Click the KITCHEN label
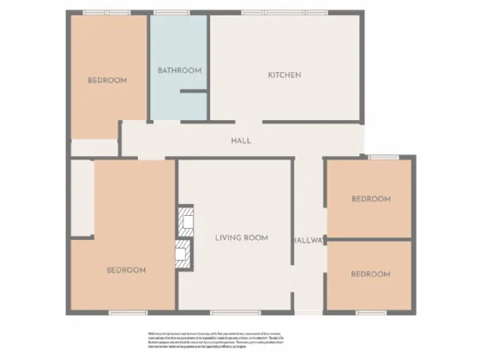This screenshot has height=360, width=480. pos(285,75)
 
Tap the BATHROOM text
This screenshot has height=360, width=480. pos(179,70)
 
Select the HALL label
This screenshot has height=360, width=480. pos(241,141)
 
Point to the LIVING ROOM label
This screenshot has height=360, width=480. pos(243,237)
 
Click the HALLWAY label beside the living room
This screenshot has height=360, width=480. pos(308,240)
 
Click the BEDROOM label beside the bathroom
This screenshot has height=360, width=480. pos(107,81)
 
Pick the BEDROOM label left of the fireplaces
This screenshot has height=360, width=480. pos(126,270)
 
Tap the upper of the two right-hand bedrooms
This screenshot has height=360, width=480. pos(371,199)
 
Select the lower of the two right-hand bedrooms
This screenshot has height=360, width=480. pos(370,274)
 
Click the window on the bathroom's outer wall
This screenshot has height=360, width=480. pos(165,13)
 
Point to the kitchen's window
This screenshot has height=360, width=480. pos(265,13)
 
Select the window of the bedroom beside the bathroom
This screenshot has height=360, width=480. pos(107,13)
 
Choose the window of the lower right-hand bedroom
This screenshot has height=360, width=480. pos(371,312)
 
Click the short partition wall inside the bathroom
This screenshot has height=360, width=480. pos(194,90)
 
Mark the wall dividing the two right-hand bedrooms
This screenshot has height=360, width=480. pos(370,238)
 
